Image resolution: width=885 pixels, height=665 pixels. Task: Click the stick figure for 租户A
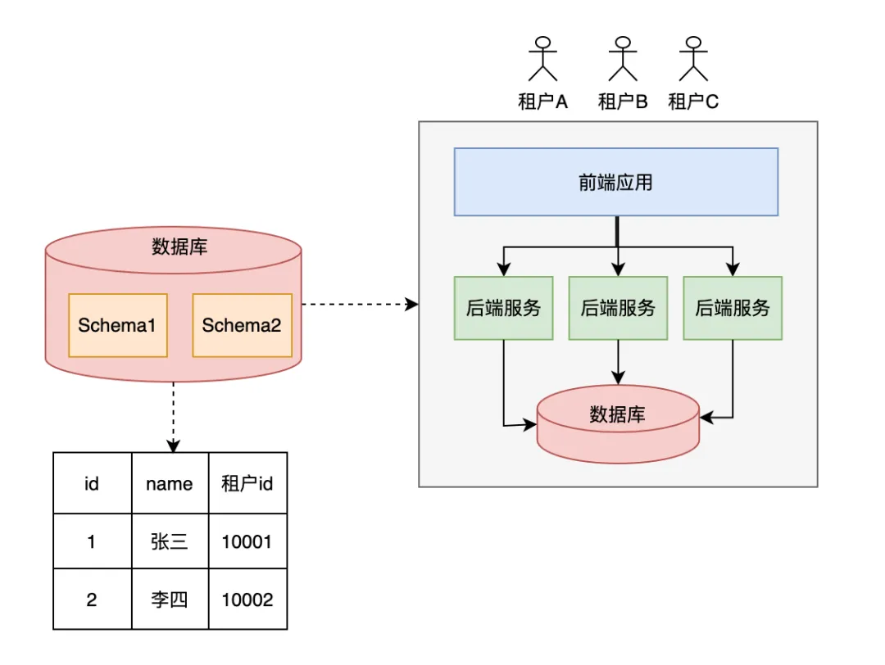(542, 60)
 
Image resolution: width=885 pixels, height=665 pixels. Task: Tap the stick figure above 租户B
(622, 60)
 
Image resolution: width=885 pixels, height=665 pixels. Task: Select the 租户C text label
(693, 102)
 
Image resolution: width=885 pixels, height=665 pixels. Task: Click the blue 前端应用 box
(615, 182)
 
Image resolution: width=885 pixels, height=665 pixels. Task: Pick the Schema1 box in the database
(117, 325)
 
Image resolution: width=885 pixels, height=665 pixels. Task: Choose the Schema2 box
(242, 325)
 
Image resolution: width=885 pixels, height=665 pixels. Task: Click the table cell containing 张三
(170, 542)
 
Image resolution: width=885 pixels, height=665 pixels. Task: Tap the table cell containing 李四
(170, 599)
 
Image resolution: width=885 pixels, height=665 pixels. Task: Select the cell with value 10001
(247, 542)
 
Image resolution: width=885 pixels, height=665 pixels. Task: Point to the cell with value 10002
(247, 599)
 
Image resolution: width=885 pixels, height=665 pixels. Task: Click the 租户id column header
(247, 483)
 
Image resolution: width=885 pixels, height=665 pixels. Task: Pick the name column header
(170, 483)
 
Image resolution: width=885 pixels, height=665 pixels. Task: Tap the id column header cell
(92, 483)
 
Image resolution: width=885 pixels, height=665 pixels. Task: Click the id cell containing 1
(92, 542)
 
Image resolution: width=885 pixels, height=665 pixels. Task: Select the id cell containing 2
(92, 599)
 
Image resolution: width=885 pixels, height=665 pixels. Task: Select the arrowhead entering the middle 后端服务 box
(618, 270)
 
